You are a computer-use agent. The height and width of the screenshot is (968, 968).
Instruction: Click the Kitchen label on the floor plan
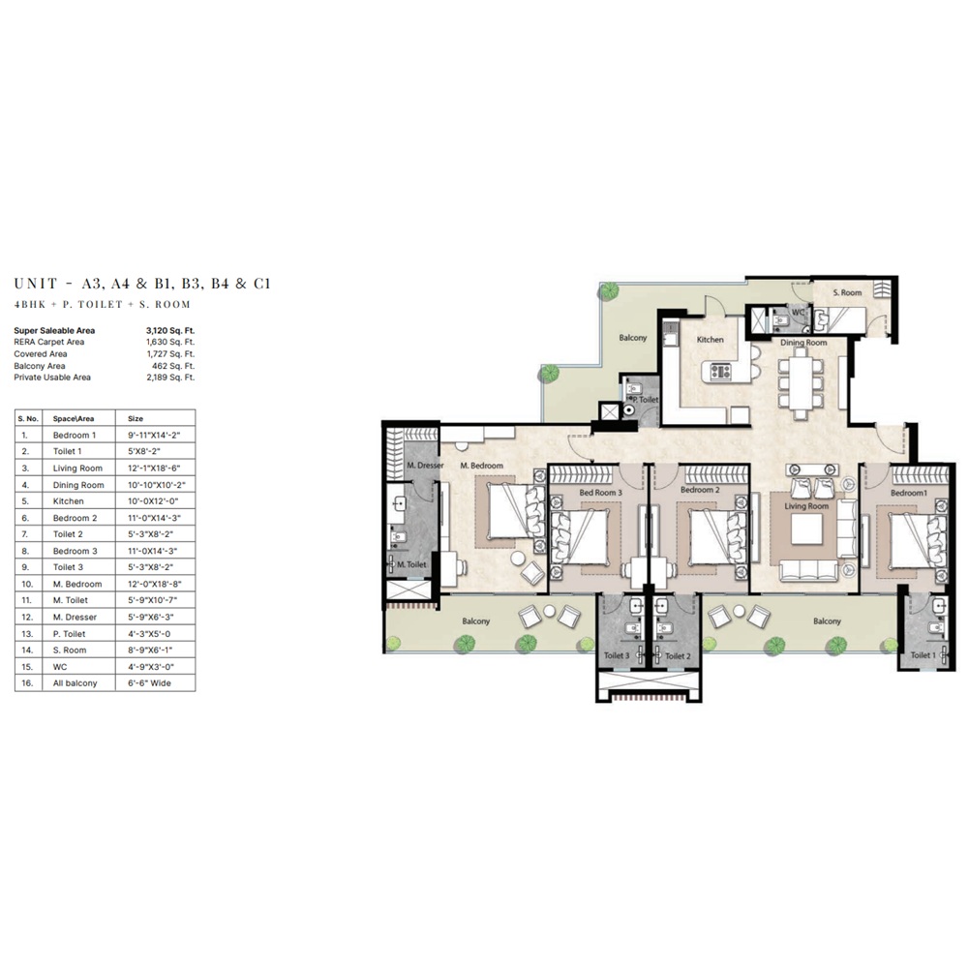pos(711,340)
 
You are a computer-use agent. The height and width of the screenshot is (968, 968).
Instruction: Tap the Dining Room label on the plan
pos(803,343)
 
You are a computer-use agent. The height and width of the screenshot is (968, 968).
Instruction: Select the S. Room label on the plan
pos(849,292)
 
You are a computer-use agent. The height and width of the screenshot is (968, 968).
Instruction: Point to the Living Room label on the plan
pos(806,506)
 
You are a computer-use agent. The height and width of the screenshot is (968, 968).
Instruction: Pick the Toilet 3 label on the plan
pos(617,656)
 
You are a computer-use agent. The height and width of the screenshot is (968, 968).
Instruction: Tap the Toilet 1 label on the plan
pos(923,655)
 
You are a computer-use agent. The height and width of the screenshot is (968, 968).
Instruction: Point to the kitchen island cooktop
pos(720,370)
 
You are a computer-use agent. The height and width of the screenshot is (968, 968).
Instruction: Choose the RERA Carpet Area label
pos(49,343)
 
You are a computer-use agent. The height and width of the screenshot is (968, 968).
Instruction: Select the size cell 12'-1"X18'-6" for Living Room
pos(155,469)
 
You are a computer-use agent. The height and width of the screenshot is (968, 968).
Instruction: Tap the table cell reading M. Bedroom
pos(77,584)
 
